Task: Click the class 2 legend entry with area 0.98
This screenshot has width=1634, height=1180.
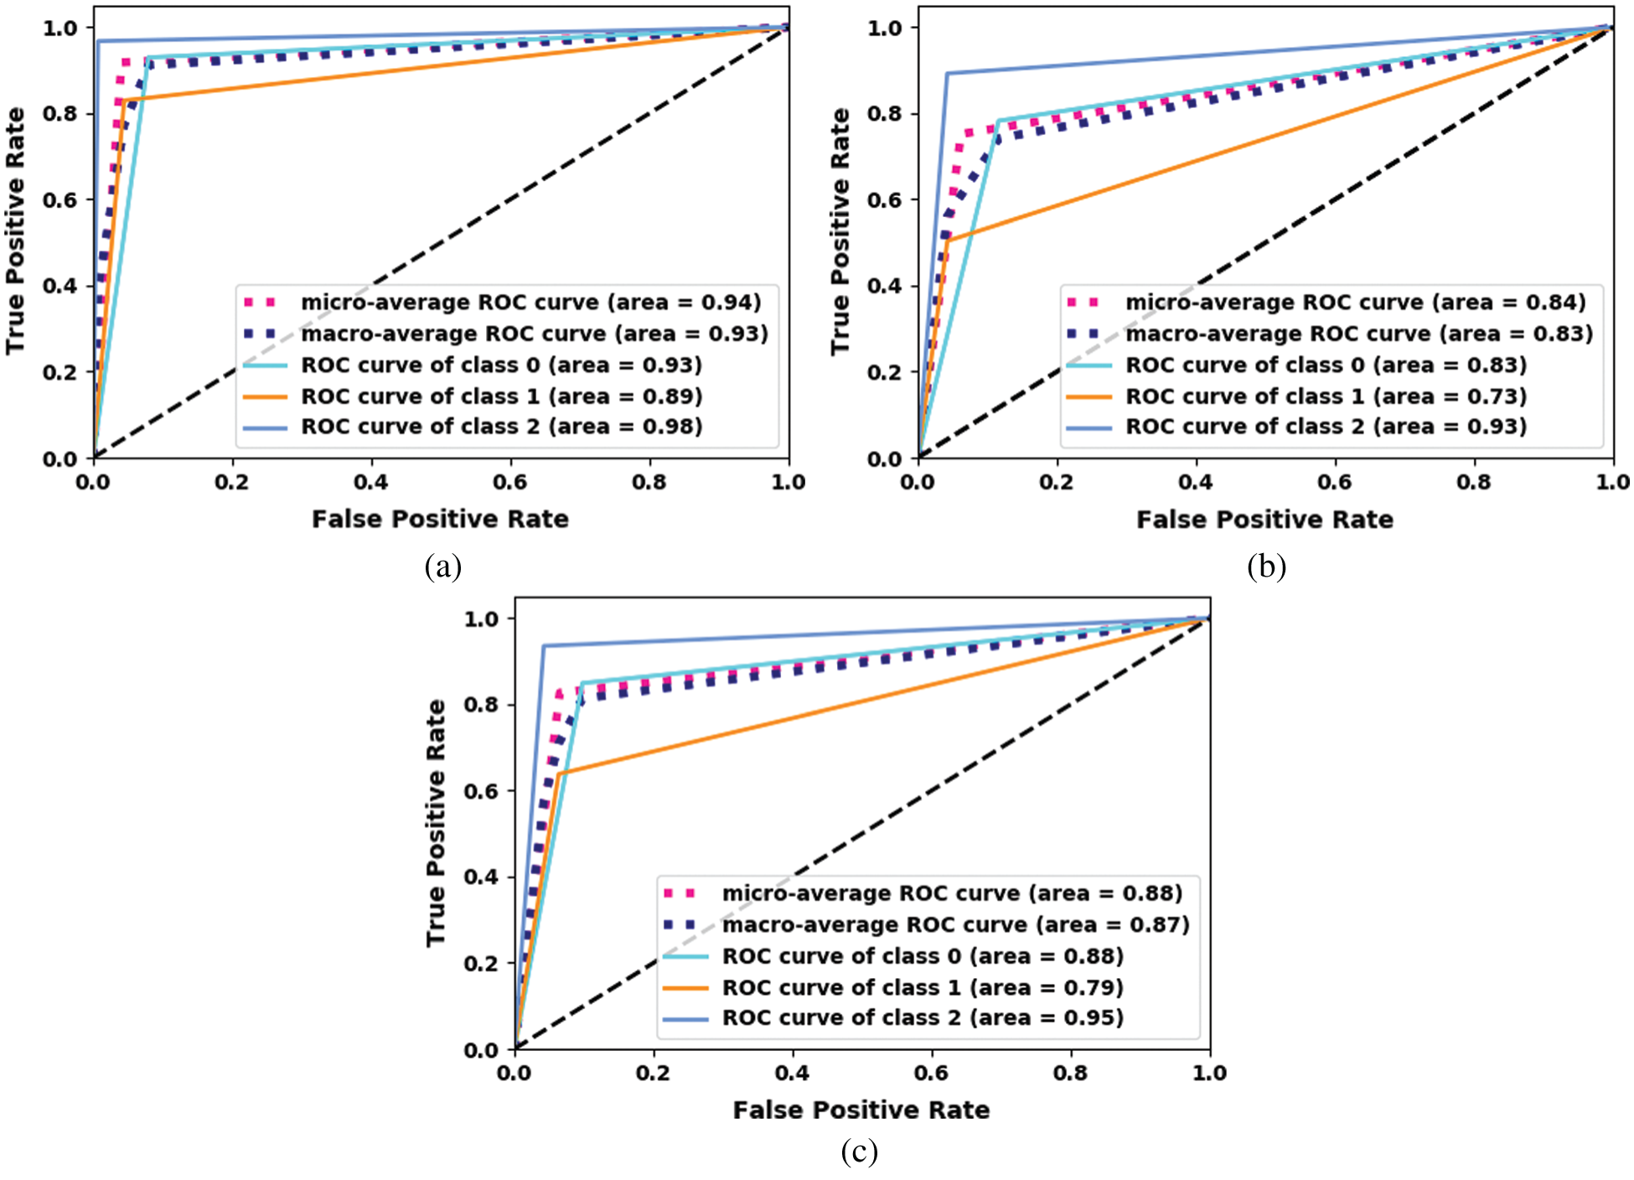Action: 501,427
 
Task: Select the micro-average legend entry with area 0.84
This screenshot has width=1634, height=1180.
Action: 1355,303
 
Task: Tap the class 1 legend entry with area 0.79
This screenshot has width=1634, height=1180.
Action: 922,987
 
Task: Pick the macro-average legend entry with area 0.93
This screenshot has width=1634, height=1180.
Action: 534,334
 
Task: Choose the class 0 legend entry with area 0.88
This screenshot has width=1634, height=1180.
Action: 922,956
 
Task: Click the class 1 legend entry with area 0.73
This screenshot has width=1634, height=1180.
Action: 1326,396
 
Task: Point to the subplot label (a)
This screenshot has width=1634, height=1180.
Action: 442,567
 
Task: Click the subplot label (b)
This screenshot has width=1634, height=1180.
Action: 1265,567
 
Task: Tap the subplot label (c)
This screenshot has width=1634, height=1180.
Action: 859,1152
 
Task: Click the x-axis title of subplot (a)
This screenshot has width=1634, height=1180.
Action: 440,520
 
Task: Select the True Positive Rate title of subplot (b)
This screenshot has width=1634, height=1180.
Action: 840,231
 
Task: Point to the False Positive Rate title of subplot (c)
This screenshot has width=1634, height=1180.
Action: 861,1110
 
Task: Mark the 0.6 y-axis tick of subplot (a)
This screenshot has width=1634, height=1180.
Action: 60,199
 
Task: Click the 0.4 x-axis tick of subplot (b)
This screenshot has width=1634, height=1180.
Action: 1195,483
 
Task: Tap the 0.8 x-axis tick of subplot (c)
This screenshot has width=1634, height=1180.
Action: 1070,1074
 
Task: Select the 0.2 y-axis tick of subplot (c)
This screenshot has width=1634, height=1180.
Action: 481,964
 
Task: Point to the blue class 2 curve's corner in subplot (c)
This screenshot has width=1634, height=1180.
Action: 544,646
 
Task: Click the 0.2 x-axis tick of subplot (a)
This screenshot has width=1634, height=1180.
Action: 232,483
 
